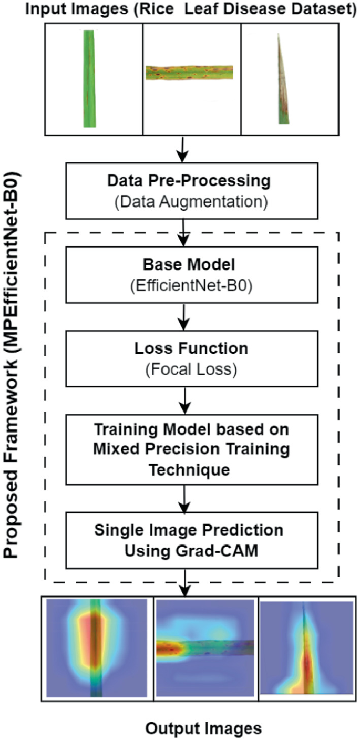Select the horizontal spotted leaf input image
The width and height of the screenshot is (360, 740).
coord(191,73)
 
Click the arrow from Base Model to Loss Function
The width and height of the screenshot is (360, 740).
coord(182,315)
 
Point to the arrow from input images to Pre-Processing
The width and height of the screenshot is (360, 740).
coord(182,149)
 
